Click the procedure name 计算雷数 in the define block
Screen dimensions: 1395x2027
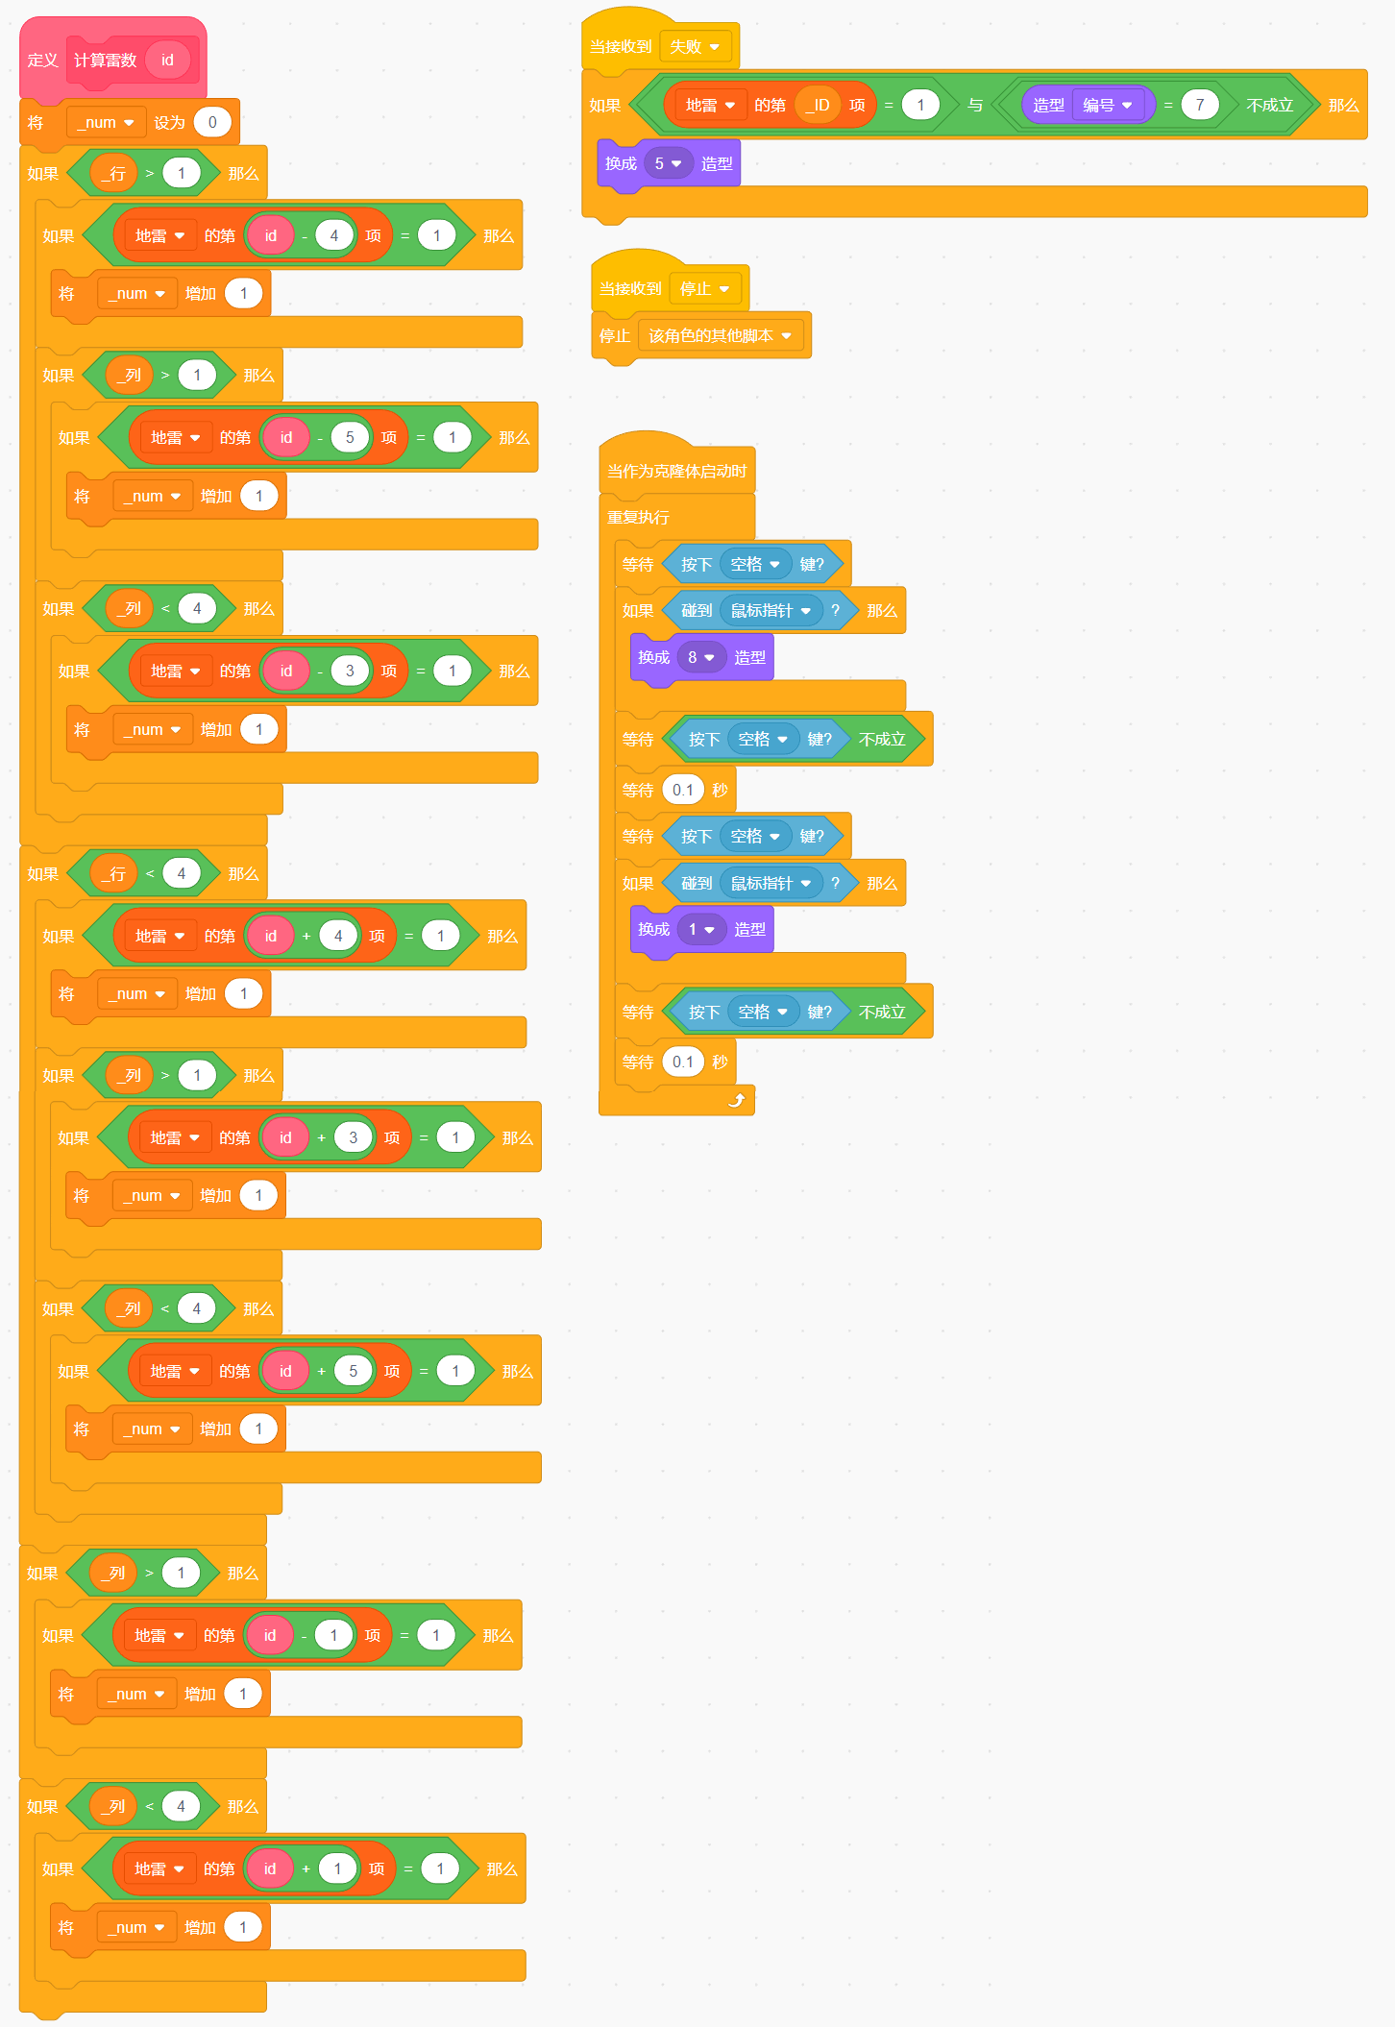coord(106,61)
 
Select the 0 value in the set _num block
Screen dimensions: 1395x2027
coord(212,122)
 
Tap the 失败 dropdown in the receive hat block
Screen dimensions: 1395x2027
coord(696,46)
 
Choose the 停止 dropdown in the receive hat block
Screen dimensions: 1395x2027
coord(705,288)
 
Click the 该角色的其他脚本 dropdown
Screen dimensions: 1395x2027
coord(721,335)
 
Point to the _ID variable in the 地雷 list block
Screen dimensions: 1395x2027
coord(818,105)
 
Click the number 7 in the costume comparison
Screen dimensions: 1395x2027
coord(1199,105)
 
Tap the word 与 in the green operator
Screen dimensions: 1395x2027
coord(975,105)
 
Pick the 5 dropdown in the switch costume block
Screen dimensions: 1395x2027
coord(668,163)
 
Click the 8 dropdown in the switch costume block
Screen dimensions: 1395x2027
coord(701,657)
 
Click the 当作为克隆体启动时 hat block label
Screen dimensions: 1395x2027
coord(676,471)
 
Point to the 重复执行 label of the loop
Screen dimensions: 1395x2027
coord(638,517)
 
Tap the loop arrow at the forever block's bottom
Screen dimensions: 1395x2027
coord(737,1100)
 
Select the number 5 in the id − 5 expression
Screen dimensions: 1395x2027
coord(350,437)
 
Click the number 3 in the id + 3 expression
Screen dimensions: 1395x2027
coord(353,1137)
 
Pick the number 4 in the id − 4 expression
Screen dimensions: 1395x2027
coord(333,235)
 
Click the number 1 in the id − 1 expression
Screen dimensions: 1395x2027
coord(333,1635)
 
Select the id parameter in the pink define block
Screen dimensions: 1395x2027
coord(167,60)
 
